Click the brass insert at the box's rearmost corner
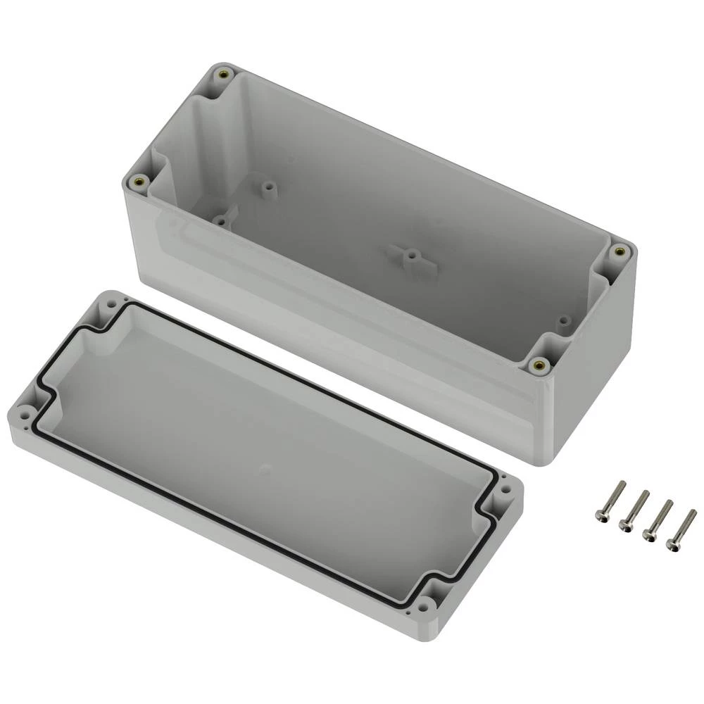pos(224,73)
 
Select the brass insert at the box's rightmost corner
pos(620,250)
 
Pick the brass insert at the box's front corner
pos(539,364)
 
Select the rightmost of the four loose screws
pos(681,528)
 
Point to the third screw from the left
pos(658,519)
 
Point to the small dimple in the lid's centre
pos(265,467)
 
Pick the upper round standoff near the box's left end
pos(268,188)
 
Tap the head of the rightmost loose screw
pos(672,543)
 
